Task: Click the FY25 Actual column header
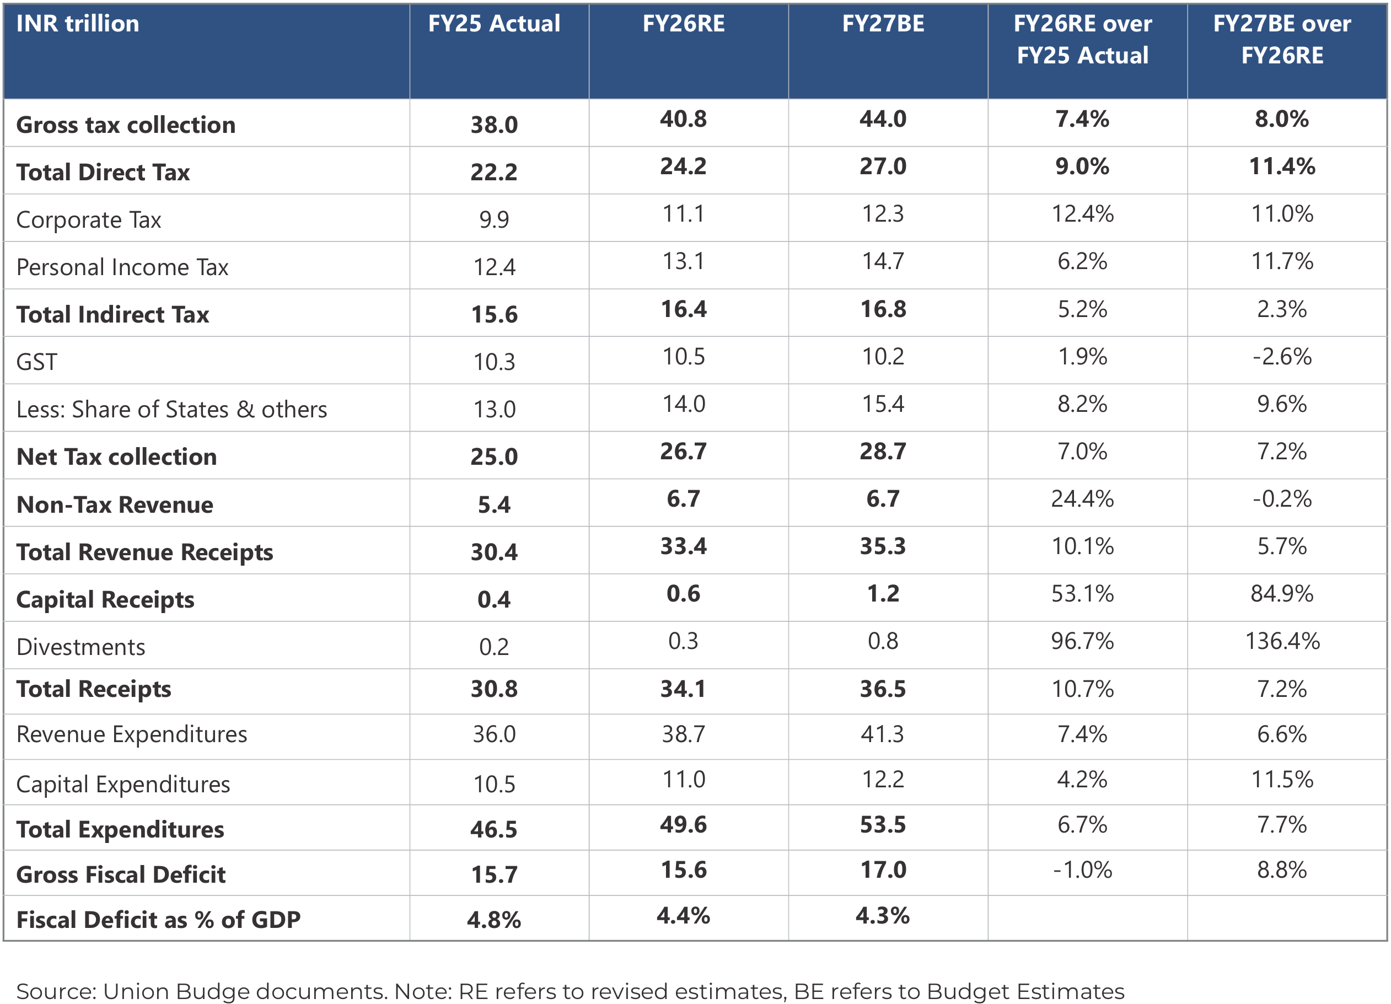coord(494,24)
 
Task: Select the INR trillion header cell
coord(78,24)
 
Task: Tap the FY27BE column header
coord(883,24)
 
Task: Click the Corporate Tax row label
coord(88,219)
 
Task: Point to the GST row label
coord(37,362)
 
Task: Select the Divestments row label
coord(80,647)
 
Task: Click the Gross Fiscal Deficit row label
coord(121,874)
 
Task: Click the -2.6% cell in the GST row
coord(1282,356)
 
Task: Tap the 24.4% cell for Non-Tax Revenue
coord(1082,498)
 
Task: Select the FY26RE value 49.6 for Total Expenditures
coord(683,824)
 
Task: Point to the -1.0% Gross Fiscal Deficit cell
coord(1082,869)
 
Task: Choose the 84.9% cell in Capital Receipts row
coord(1282,594)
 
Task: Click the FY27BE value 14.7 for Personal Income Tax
coord(883,261)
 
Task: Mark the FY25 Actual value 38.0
coord(494,125)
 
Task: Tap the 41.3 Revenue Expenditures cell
coord(883,734)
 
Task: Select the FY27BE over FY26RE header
coord(1282,39)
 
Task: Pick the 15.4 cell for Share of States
coord(883,404)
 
